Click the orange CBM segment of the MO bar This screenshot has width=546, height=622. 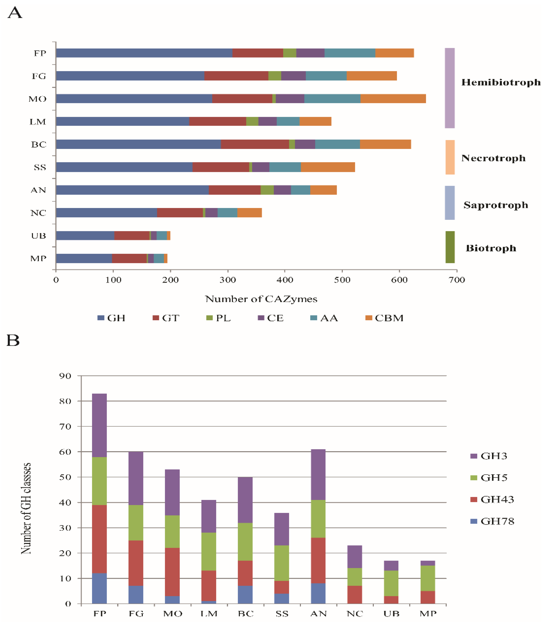pos(393,99)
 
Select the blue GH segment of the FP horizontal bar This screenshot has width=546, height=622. pos(144,53)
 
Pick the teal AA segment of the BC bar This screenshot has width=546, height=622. pos(337,144)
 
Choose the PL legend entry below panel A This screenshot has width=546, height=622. pos(219,318)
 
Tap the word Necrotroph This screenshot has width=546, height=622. pos(493,158)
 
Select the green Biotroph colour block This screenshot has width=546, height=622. pos(450,247)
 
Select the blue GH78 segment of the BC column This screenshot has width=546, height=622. pos(245,594)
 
